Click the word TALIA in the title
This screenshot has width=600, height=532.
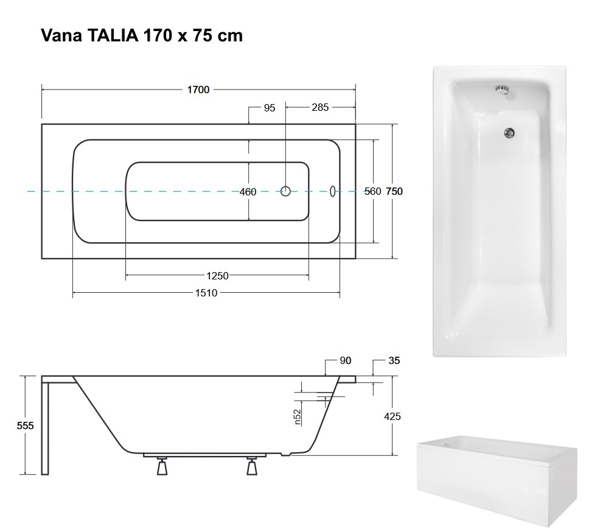(113, 35)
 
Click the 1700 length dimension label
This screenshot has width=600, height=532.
(198, 90)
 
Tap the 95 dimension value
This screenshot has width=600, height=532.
(270, 108)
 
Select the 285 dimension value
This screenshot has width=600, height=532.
(320, 107)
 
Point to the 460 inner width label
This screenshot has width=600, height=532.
(248, 192)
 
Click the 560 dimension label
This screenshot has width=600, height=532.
(372, 191)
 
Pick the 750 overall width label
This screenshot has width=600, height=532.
(394, 191)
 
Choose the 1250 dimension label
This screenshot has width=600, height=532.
(217, 276)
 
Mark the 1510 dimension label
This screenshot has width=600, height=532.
(206, 293)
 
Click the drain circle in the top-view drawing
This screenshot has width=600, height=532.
(285, 191)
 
